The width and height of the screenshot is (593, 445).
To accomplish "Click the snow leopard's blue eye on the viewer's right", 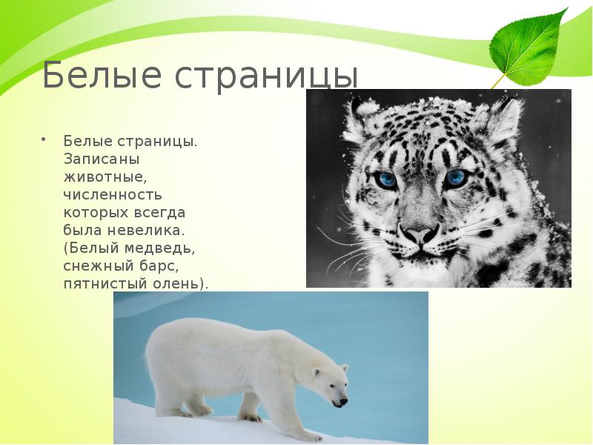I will pos(454,179).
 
